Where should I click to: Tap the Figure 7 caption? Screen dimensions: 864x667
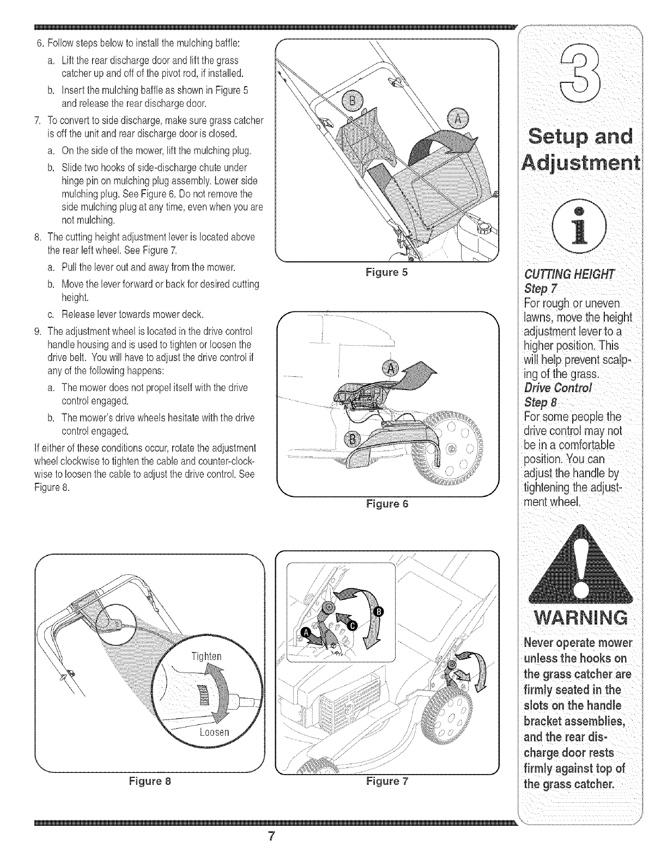click(387, 781)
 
